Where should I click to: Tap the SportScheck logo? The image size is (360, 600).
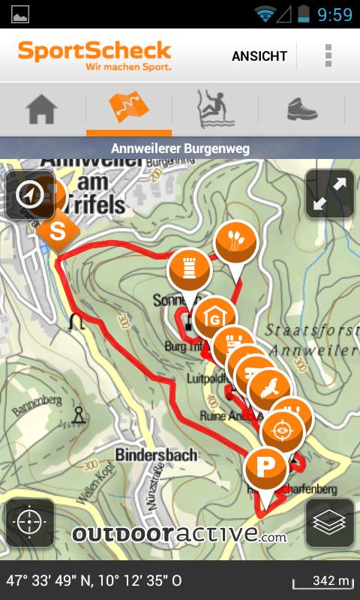(95, 55)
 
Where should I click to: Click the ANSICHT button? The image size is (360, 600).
(259, 56)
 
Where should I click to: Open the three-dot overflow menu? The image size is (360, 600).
(328, 55)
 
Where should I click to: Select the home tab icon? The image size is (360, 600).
(42, 109)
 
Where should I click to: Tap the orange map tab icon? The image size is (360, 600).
(129, 109)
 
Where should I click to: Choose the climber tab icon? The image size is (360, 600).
(214, 109)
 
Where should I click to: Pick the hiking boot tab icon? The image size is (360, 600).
(301, 109)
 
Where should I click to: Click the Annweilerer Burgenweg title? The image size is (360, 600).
(180, 148)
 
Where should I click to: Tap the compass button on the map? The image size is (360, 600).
(30, 194)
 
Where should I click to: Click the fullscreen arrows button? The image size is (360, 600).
(330, 193)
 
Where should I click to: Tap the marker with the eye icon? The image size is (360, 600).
(282, 430)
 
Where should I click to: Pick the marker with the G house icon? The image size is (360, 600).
(215, 319)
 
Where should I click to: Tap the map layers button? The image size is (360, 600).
(330, 522)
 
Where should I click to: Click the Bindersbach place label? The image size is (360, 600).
(156, 454)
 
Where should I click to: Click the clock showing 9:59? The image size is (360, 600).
(334, 14)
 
